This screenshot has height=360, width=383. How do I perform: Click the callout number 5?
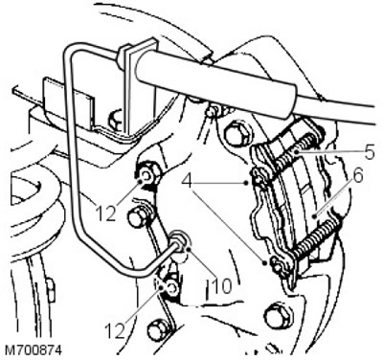click(x=370, y=152)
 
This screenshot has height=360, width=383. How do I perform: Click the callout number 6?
click(x=358, y=177)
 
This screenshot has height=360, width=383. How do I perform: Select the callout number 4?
click(x=188, y=182)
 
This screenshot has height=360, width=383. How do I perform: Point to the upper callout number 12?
click(x=105, y=214)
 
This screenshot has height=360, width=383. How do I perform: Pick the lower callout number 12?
click(x=114, y=331)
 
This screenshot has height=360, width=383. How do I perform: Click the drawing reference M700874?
click(x=34, y=350)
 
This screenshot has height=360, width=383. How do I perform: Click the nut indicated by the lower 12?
click(x=169, y=287)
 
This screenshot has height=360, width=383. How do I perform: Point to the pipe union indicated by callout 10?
click(x=179, y=243)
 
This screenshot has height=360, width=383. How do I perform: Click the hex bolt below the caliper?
click(x=275, y=316)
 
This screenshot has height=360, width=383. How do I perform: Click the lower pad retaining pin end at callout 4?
click(x=276, y=264)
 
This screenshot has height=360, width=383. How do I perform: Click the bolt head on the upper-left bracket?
click(x=116, y=118)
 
